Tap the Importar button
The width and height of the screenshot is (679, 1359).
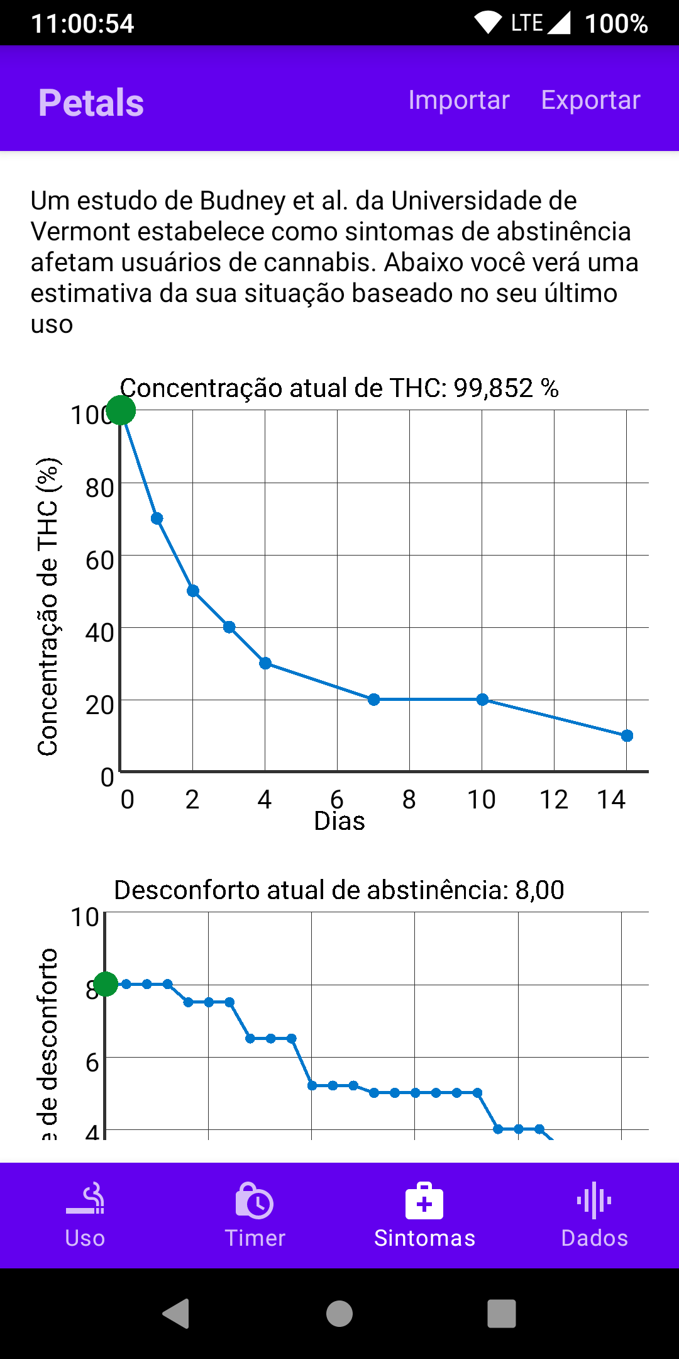click(x=458, y=100)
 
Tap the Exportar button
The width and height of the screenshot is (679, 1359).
click(x=590, y=100)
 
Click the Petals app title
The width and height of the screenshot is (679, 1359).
click(x=91, y=103)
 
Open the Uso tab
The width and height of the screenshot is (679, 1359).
click(x=85, y=1216)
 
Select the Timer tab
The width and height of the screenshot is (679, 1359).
click(x=255, y=1216)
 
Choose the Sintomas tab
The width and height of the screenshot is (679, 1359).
click(x=424, y=1216)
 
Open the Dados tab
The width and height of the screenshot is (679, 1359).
click(x=594, y=1216)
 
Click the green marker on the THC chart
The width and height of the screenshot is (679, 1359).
click(x=121, y=410)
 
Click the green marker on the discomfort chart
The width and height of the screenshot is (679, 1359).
click(x=106, y=984)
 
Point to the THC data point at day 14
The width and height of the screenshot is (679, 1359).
click(x=627, y=735)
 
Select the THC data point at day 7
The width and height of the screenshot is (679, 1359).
click(x=373, y=700)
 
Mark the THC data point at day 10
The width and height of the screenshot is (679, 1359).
click(x=482, y=700)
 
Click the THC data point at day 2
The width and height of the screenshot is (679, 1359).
click(x=193, y=591)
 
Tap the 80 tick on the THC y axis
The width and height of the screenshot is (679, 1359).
click(x=99, y=488)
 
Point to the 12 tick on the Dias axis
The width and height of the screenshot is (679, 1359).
click(x=554, y=800)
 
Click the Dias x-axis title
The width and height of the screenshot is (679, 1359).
click(x=339, y=822)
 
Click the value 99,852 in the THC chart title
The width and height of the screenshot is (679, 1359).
click(x=494, y=388)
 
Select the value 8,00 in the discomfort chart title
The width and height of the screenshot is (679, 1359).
click(x=539, y=890)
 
